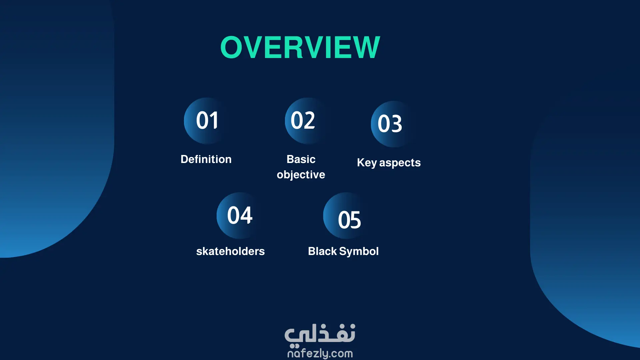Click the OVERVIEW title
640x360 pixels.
[300, 47]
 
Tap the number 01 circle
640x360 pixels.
[207, 121]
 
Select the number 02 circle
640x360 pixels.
[308, 121]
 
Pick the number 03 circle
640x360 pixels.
[394, 124]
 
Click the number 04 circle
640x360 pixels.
[240, 216]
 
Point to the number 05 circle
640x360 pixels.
[346, 216]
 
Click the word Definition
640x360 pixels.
[206, 159]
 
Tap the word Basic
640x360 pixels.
[301, 159]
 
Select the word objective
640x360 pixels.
[301, 175]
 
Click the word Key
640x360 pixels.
[367, 163]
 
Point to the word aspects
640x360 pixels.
[400, 163]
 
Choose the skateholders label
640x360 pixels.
[230, 251]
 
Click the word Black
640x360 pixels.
[322, 251]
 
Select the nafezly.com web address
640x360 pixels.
[320, 353]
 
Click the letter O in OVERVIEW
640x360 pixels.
[231, 47]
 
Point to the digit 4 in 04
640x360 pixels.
[246, 215]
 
